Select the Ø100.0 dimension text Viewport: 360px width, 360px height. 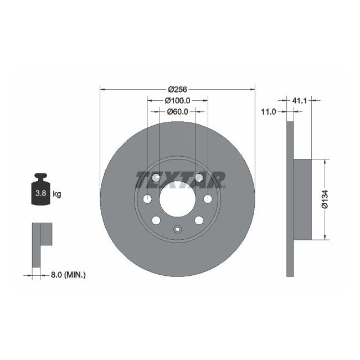[x=177, y=101]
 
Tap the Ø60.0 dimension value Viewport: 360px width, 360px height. [x=177, y=111]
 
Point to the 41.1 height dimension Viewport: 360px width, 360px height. [x=299, y=101]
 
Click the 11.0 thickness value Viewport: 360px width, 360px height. [x=269, y=112]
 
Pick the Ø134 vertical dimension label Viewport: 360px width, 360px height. [x=326, y=199]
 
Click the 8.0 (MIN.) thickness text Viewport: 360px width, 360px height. [x=69, y=274]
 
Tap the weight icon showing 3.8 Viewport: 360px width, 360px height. [x=40, y=191]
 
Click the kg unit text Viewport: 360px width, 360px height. [x=56, y=194]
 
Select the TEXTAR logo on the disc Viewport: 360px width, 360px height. [x=180, y=179]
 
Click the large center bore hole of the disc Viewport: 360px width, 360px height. [x=177, y=199]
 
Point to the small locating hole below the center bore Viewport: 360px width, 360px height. [x=177, y=230]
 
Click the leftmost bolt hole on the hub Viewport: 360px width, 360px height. [x=147, y=199]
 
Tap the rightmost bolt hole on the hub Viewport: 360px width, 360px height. [x=208, y=199]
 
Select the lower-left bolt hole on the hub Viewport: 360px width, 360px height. [x=156, y=220]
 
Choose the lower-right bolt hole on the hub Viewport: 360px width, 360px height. [x=198, y=220]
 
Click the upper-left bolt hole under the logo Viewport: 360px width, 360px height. [x=156, y=178]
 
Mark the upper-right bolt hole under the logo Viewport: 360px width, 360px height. [x=198, y=178]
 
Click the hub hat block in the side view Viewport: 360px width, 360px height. [x=302, y=199]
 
